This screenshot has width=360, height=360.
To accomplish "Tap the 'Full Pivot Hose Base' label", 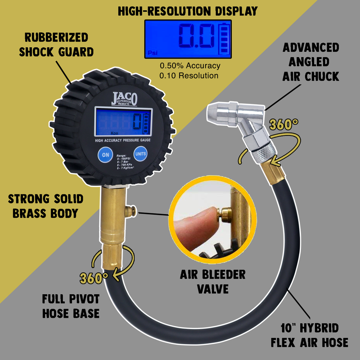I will pyautogui.click(x=71, y=306).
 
